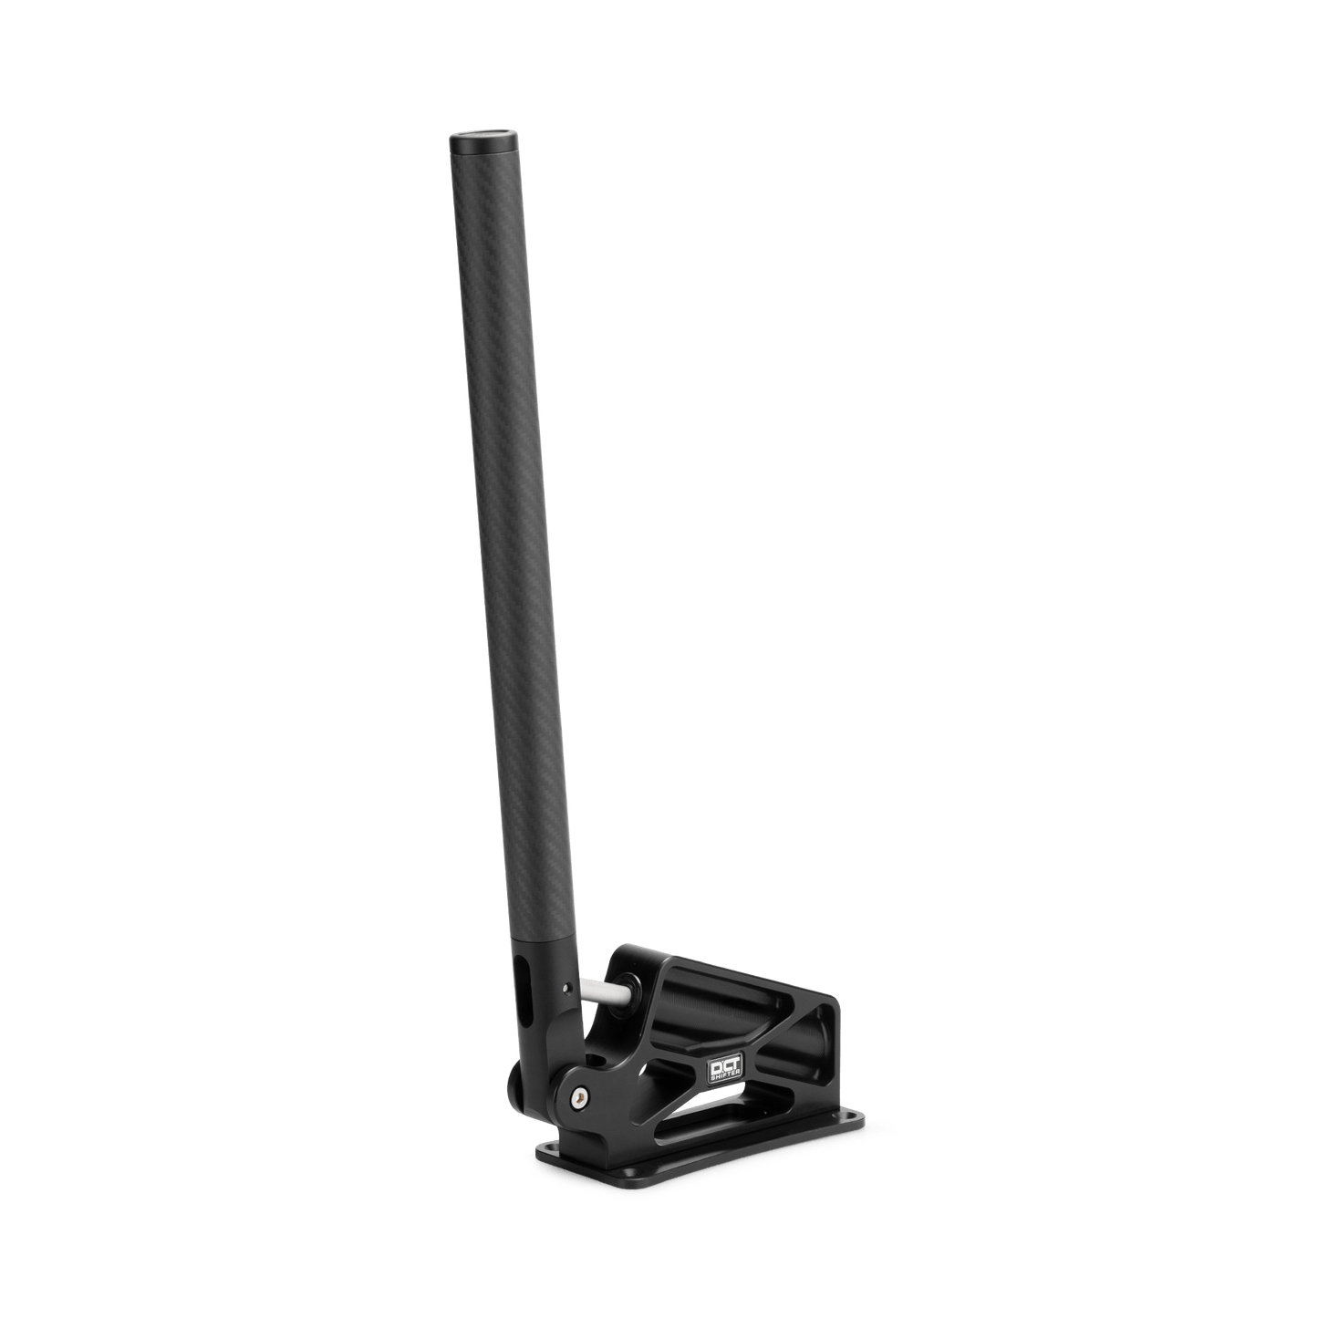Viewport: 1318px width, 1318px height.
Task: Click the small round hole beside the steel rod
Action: (567, 984)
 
